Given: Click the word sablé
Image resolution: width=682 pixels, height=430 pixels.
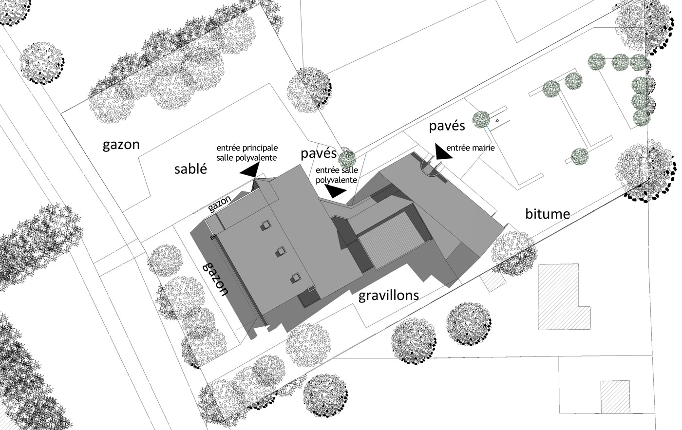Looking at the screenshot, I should click(191, 169).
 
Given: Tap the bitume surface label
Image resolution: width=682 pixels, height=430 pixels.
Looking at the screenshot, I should click(548, 213).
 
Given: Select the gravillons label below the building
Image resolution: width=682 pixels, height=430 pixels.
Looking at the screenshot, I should click(388, 296).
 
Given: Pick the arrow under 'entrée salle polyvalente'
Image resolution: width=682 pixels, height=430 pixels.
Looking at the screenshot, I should click(335, 191).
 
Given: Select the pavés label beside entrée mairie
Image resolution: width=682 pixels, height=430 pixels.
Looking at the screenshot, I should click(447, 126).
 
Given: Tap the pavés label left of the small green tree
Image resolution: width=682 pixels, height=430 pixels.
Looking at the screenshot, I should click(319, 154).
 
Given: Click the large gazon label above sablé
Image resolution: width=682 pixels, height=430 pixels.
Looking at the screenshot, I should click(121, 145).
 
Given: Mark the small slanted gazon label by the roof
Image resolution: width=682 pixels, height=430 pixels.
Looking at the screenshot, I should click(220, 204).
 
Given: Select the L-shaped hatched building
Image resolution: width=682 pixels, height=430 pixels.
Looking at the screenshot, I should click(563, 295).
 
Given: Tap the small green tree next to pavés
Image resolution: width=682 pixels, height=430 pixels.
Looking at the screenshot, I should click(347, 158).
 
